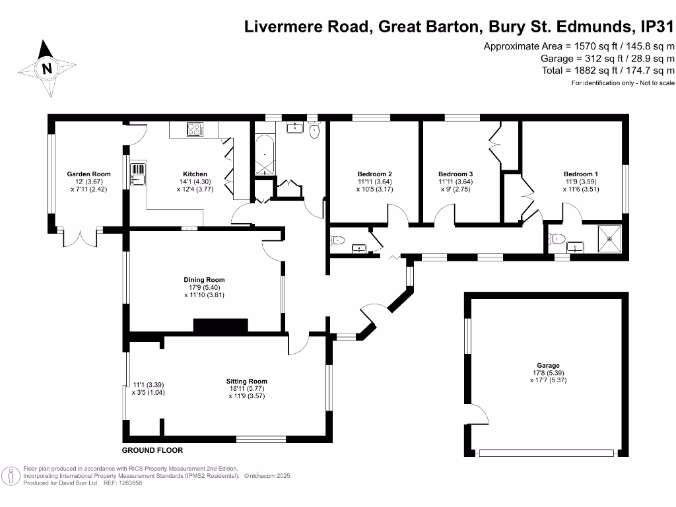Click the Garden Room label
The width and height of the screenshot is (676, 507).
(89, 174)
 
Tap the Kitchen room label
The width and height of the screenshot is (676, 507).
(195, 174)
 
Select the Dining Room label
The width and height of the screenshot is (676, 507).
(204, 280)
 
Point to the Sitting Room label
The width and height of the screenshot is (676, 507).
(247, 381)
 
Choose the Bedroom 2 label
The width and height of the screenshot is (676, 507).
(375, 174)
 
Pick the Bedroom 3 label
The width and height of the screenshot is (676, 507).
(456, 174)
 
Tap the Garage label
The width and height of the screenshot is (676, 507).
(548, 365)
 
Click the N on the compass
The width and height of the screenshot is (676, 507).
(47, 68)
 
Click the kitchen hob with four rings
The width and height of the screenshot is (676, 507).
(195, 129)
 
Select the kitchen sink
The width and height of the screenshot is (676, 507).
(138, 174)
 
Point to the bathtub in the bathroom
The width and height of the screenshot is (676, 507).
(265, 154)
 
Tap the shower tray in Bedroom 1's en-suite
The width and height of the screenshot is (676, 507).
(609, 239)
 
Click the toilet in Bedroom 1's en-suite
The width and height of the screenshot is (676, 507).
(556, 238)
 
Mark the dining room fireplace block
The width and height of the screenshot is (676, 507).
(220, 325)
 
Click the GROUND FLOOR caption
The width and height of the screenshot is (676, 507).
(152, 450)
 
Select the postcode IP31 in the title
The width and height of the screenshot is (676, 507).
(657, 26)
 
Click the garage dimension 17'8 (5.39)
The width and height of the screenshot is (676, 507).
(549, 373)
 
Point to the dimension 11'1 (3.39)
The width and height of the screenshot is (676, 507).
(149, 385)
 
